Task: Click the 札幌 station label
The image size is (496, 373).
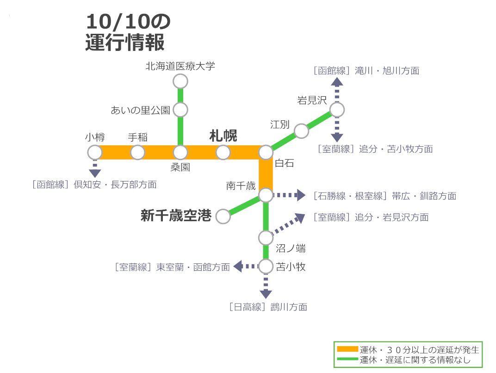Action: coord(223,136)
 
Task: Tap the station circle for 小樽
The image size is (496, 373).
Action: coord(95,152)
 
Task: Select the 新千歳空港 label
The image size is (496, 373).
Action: coord(176,216)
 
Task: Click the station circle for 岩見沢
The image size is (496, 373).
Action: coord(337,110)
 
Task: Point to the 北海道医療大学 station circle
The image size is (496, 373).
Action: coord(180,81)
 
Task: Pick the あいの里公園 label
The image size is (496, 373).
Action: coord(140,110)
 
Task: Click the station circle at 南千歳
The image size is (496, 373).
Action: coord(266,195)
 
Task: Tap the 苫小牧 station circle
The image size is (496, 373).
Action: coord(266,267)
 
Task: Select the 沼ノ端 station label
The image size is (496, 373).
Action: coord(291,249)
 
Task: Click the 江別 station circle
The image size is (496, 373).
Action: coord(301,131)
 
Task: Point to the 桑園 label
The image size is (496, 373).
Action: coord(180,168)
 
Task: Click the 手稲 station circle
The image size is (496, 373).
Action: coord(137,152)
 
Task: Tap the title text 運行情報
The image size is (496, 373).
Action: coord(125,43)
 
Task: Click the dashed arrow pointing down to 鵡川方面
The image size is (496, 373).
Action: coord(266,287)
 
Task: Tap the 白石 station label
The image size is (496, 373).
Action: coord(284,163)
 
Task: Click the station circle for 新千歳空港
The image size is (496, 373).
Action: coord(223,216)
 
